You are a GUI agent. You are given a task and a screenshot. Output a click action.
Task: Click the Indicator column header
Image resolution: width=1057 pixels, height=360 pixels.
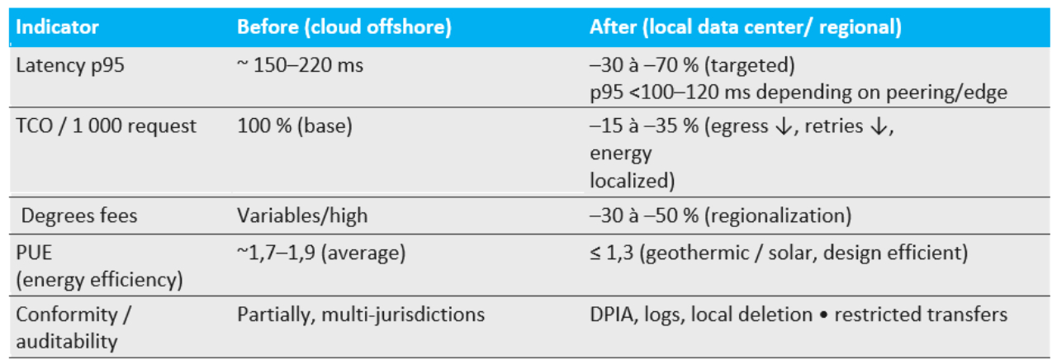point(57,26)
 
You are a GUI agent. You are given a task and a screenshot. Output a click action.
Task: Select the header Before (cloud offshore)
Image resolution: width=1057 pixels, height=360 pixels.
point(344,26)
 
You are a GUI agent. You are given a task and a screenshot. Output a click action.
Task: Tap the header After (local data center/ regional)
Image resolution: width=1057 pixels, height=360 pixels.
point(745,26)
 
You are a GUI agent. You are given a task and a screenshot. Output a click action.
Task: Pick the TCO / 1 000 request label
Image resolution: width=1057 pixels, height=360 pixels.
point(107,126)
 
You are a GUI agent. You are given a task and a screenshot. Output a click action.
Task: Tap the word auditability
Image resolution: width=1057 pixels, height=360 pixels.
point(66,339)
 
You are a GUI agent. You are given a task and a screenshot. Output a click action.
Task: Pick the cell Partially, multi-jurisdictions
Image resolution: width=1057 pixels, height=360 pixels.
point(360,314)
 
